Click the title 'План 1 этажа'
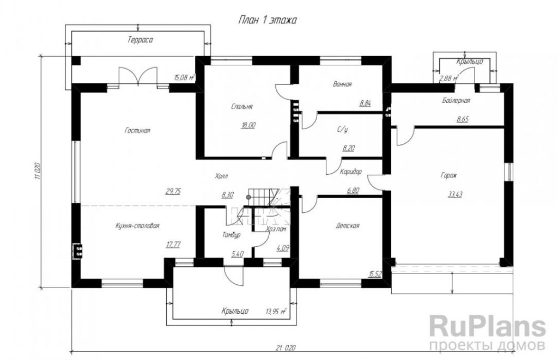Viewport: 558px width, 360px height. click(x=267, y=20)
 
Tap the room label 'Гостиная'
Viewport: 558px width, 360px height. click(x=137, y=131)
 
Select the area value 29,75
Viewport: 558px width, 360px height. click(x=173, y=191)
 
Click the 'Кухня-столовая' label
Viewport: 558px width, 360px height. click(x=137, y=225)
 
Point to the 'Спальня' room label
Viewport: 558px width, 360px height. click(x=241, y=106)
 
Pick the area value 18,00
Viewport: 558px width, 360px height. click(x=248, y=125)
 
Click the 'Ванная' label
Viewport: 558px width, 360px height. click(x=342, y=84)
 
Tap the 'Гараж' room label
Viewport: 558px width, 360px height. click(x=449, y=175)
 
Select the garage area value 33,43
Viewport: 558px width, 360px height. click(x=455, y=194)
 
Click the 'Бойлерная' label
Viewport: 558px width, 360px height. click(x=456, y=101)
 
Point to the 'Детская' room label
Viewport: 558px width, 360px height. click(x=347, y=225)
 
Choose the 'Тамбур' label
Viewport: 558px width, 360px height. click(x=231, y=235)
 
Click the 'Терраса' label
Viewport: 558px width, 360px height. click(x=141, y=40)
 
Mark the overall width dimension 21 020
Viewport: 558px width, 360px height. click(x=286, y=348)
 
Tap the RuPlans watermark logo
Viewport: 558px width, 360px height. click(x=487, y=331)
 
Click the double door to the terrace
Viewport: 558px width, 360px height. click(x=138, y=77)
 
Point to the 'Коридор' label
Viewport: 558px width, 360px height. click(x=350, y=172)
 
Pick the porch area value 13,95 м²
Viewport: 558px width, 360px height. click(x=276, y=312)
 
